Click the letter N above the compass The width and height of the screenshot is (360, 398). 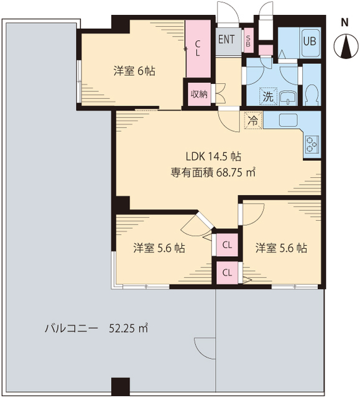point(344,23)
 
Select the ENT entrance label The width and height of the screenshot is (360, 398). point(226,39)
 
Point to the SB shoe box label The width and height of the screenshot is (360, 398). point(249,39)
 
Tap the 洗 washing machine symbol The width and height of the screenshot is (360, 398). point(267,97)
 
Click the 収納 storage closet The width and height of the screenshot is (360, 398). point(199,94)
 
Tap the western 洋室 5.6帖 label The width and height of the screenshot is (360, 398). point(159,248)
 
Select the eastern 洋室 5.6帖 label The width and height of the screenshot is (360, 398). point(281,248)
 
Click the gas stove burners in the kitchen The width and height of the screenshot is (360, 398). point(311,144)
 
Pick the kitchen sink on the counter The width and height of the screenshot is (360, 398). point(289,120)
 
